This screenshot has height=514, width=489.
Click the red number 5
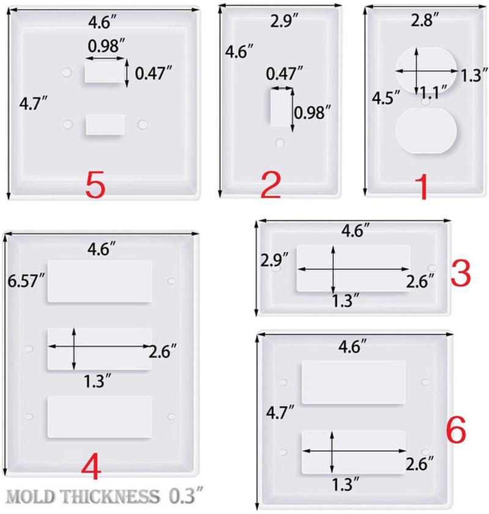tap(96, 186)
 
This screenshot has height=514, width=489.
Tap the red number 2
tap(270, 186)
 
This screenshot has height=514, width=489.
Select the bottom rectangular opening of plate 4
tap(100, 416)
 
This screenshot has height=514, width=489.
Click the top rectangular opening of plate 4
tap(100, 281)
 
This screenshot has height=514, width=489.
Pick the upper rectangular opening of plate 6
tap(353, 382)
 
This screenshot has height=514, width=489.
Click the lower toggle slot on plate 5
tap(105, 124)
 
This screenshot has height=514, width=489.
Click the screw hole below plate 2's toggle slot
tap(280, 143)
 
